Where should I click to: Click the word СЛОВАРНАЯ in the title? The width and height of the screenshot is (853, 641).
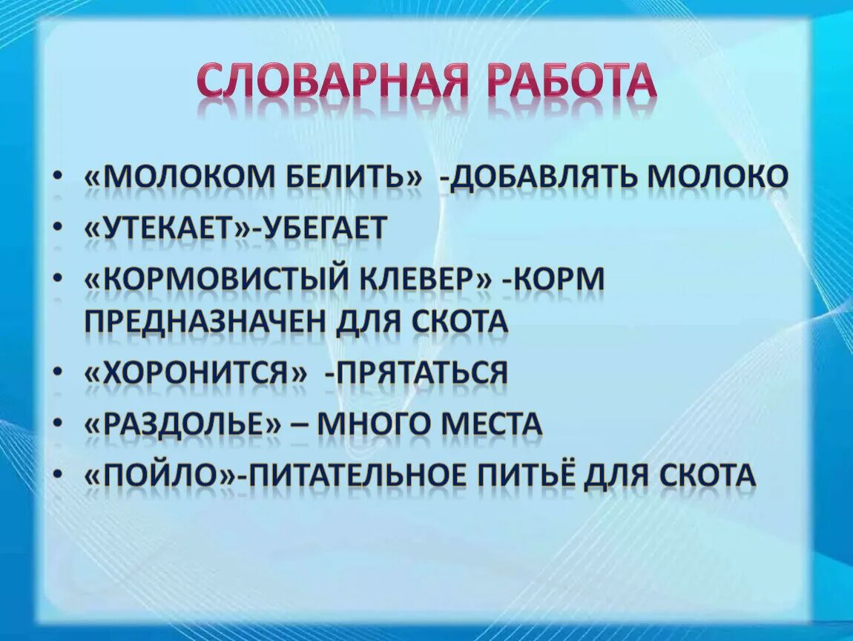tap(332, 82)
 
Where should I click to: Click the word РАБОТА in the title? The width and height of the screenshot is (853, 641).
tap(570, 82)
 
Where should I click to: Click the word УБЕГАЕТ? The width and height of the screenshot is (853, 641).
tap(323, 229)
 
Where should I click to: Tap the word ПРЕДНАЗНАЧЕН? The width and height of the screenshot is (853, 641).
tap(205, 322)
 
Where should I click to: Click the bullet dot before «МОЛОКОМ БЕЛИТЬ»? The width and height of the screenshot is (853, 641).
tap(59, 179)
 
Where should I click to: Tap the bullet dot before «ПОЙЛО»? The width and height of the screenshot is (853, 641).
tap(59, 476)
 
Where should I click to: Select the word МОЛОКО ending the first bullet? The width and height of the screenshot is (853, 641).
tap(717, 178)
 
